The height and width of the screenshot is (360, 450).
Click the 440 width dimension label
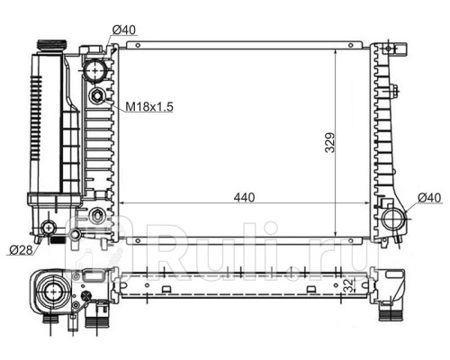[x=244, y=197]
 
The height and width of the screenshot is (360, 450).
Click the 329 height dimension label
[x=329, y=142]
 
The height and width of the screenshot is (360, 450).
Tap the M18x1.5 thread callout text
[x=149, y=106]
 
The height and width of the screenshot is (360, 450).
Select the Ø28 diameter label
[x=21, y=250]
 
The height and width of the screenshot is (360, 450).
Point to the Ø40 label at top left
[x=124, y=30]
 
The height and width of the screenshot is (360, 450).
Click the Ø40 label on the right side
[x=429, y=198]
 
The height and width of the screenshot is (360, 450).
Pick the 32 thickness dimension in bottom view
[x=348, y=284]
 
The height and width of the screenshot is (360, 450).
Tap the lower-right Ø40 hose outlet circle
[x=393, y=219]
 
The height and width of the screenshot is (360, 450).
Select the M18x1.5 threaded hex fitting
[x=96, y=96]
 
